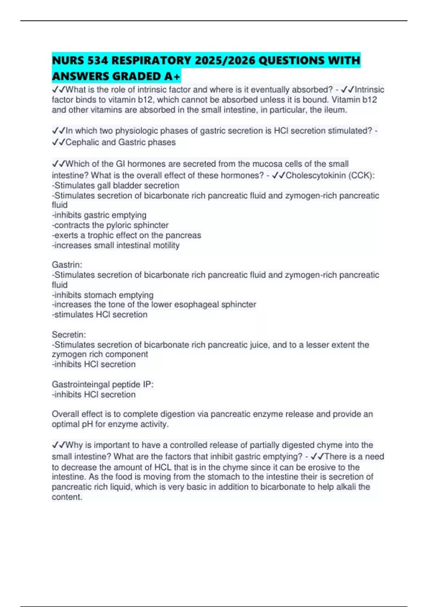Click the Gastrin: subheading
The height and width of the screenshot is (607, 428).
click(67, 265)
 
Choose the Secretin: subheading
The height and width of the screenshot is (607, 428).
click(69, 335)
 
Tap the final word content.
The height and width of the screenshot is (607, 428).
click(67, 497)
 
